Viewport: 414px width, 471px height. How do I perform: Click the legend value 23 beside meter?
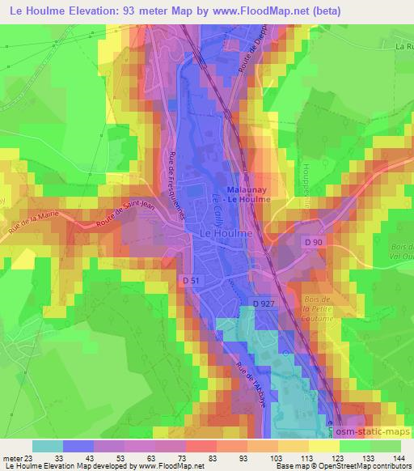pyautogui.click(x=31, y=458)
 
